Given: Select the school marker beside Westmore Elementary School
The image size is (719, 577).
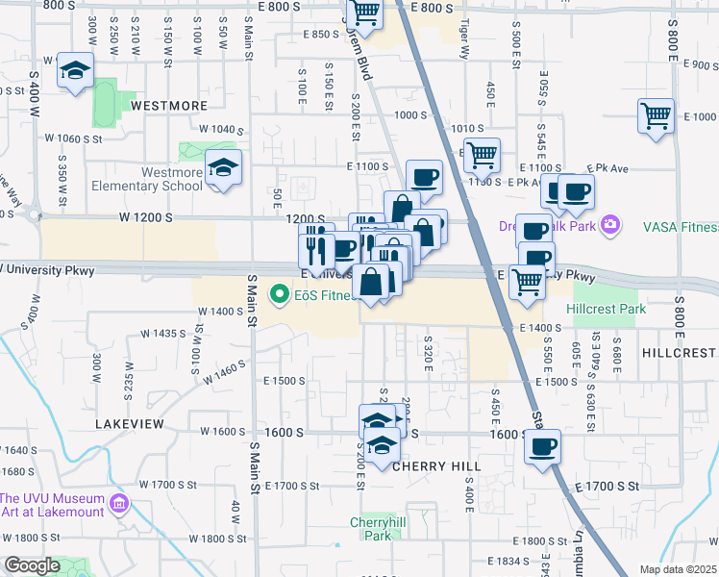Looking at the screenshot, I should tap(224, 170).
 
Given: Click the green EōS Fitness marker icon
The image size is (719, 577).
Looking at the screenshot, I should tap(279, 293).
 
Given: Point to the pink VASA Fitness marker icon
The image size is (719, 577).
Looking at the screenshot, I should tap(608, 226).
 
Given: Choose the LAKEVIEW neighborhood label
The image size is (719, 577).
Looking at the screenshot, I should tap(130, 423).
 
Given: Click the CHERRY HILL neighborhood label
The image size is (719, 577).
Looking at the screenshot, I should tap(436, 465).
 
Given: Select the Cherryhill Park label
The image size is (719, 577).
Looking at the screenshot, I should tap(370, 528).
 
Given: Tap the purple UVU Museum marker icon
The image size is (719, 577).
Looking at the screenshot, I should tap(119, 503).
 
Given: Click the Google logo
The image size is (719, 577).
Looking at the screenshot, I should tap(33, 565).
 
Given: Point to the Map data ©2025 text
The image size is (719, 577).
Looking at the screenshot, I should tap(678, 569).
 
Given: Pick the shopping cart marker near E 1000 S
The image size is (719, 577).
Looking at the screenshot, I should tap(656, 116).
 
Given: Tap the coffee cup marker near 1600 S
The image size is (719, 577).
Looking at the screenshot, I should tap(543, 447).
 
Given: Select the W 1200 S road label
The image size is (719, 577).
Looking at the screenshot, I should tap(146, 218).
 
